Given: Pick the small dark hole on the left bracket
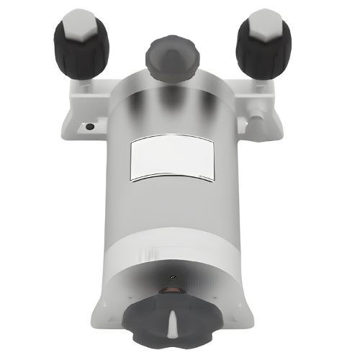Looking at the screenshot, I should coord(89,127).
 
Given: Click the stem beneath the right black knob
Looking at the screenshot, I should coord(260,87).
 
